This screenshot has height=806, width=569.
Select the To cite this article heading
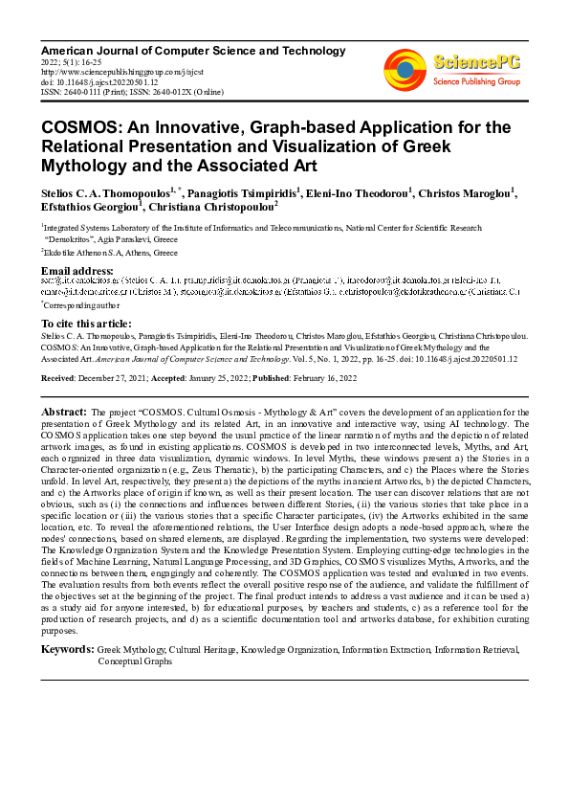(86, 324)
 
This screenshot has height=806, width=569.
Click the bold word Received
(59, 378)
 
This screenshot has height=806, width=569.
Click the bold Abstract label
(63, 411)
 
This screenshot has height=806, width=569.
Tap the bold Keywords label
(67, 650)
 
